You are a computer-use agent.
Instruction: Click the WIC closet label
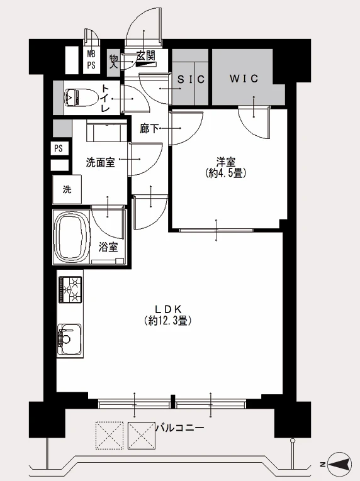click(244, 79)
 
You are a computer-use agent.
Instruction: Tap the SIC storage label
click(191, 79)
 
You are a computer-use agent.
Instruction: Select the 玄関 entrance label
click(146, 56)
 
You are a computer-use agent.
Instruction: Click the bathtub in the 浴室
click(72, 237)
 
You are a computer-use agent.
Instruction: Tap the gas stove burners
click(70, 289)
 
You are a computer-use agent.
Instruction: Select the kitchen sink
click(70, 340)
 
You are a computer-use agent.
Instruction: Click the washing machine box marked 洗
click(67, 190)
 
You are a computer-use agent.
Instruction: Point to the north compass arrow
click(339, 464)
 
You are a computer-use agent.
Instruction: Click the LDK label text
click(168, 309)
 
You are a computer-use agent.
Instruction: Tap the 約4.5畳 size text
click(226, 174)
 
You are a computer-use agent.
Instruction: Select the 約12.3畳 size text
click(168, 321)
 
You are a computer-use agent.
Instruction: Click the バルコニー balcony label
click(180, 428)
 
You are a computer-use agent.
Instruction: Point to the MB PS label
click(91, 60)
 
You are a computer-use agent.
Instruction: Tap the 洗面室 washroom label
click(101, 162)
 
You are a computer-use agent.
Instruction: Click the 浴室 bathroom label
click(108, 247)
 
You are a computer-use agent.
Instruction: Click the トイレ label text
click(105, 99)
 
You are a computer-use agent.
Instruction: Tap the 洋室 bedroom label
click(226, 162)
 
